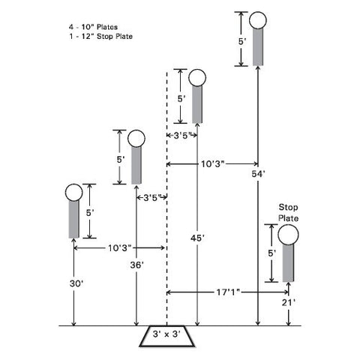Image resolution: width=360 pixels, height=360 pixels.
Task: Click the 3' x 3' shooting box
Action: point(166,336)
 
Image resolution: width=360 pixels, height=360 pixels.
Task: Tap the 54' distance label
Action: point(258,174)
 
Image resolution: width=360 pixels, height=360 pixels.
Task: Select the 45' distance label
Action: point(197,238)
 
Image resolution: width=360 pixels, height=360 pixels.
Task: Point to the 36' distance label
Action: point(136,265)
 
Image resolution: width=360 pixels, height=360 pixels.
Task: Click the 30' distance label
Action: point(76,283)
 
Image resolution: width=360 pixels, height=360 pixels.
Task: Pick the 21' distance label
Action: point(289,303)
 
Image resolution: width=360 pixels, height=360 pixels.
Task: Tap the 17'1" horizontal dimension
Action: point(228,292)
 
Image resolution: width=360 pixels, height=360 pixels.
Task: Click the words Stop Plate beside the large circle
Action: point(289,212)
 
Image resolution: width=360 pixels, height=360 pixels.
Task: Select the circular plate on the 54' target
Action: point(258,20)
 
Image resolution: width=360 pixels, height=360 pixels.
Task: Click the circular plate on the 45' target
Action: point(197,78)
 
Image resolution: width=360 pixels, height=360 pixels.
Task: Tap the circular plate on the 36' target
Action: point(136,139)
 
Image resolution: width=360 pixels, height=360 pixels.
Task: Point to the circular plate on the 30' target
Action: point(73,193)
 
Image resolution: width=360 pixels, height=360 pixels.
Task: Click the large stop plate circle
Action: point(288,235)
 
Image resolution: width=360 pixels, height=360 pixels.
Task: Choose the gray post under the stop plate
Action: point(288,263)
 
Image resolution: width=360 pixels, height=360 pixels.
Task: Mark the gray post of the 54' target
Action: point(258,47)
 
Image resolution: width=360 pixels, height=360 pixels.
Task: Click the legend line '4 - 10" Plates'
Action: point(93,27)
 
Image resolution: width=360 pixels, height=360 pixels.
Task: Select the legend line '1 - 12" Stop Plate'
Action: point(100,36)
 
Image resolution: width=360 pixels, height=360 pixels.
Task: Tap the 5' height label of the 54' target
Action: point(242,41)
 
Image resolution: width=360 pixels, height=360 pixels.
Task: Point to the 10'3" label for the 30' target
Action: point(119,248)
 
